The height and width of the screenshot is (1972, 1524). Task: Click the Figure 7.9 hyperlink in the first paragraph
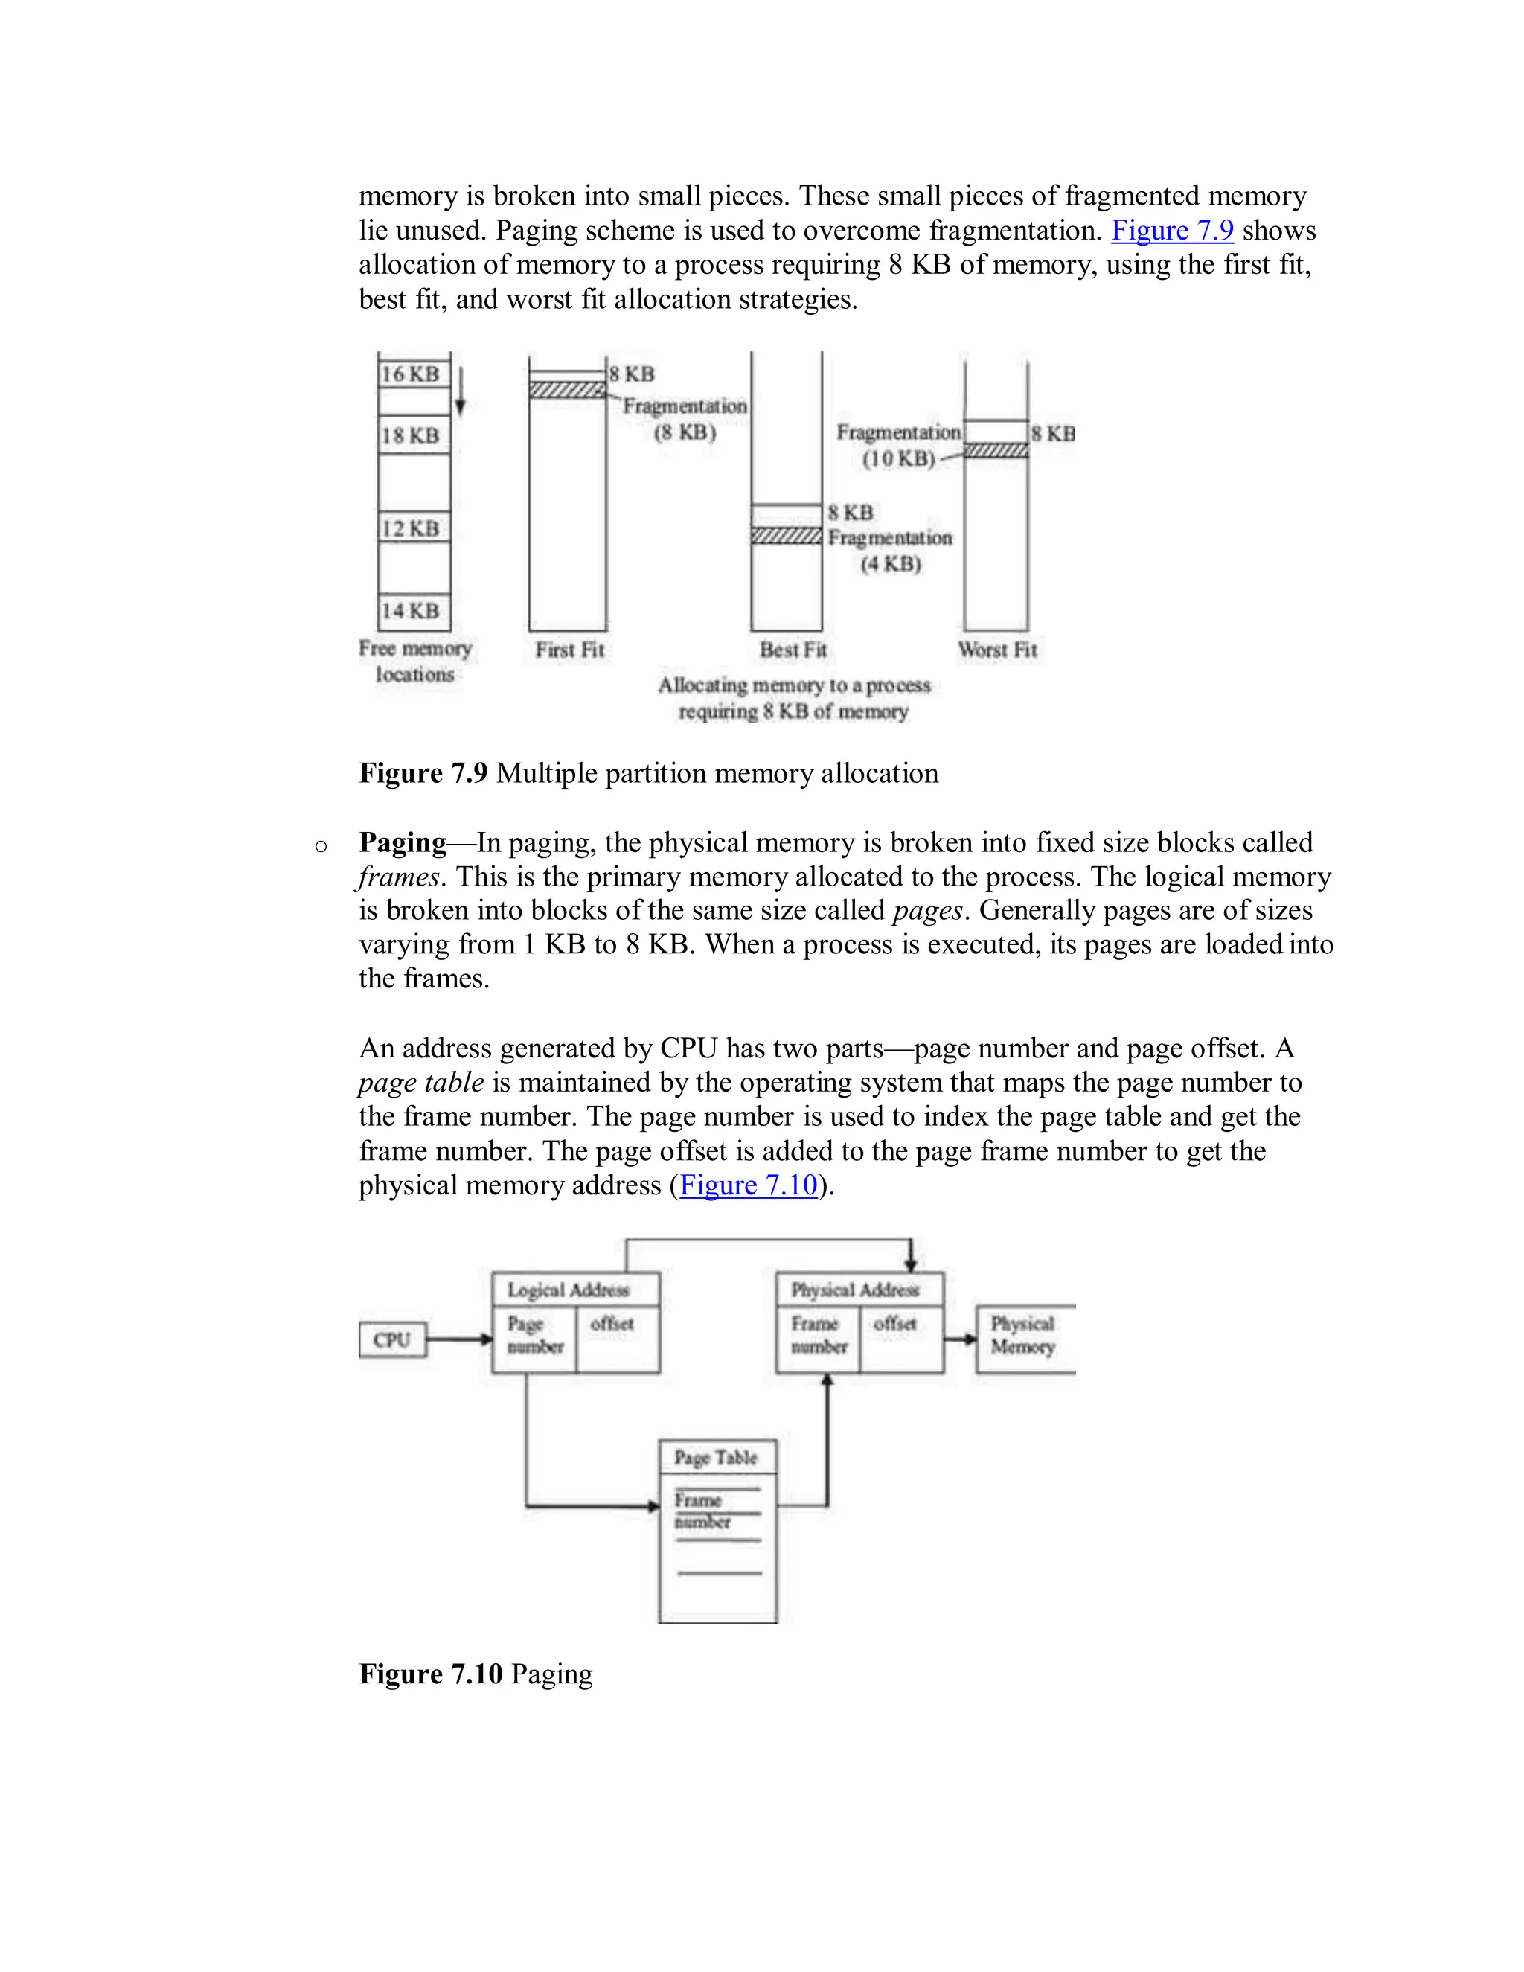click(x=1171, y=230)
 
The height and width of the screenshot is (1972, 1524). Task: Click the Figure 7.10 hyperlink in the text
click(x=748, y=1185)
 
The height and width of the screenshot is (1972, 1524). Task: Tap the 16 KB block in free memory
click(x=412, y=373)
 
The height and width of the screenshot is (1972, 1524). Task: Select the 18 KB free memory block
click(x=412, y=435)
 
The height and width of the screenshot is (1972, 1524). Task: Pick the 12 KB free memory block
click(x=412, y=528)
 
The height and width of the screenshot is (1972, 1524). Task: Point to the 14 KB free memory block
click(x=412, y=611)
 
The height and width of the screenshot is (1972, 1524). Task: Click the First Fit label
click(x=569, y=649)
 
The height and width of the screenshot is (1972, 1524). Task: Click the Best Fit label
click(x=793, y=649)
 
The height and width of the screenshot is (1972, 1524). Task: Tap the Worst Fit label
click(x=996, y=649)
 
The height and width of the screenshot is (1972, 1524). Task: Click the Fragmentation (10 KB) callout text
click(x=897, y=445)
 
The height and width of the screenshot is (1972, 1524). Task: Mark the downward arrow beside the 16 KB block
click(x=460, y=392)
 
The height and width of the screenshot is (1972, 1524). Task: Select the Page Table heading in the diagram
click(x=716, y=1457)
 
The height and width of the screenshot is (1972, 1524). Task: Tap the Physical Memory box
click(x=1023, y=1336)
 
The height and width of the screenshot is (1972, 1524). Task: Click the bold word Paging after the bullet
click(x=403, y=842)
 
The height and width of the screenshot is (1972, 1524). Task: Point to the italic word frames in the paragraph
click(x=397, y=877)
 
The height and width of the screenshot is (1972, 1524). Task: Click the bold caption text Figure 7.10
click(x=431, y=1673)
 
